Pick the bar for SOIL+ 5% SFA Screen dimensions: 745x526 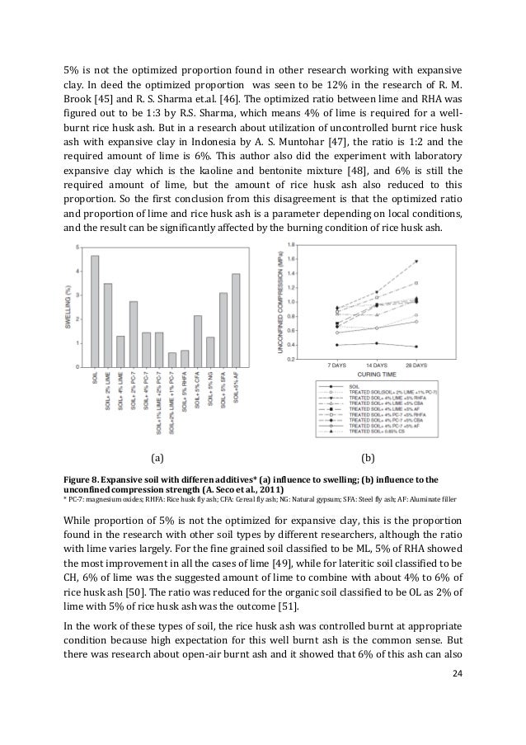[223, 329]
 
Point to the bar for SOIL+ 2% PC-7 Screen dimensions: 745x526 [134, 334]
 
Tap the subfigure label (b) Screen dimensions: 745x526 [369, 455]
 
